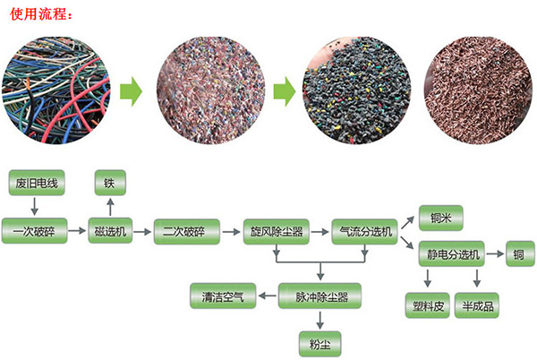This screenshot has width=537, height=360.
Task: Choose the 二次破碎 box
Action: (186, 231)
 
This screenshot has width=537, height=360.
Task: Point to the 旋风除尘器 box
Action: (275, 231)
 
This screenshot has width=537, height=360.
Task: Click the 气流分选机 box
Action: (363, 231)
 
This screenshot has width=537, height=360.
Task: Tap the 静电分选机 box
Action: (452, 253)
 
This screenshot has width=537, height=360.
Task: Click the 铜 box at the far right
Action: (519, 253)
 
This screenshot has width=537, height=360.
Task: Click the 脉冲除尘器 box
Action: (319, 294)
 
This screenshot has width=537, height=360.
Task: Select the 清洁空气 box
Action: (222, 294)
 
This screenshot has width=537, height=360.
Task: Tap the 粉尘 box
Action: (319, 340)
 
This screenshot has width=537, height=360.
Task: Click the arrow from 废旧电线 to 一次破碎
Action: (35, 208)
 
